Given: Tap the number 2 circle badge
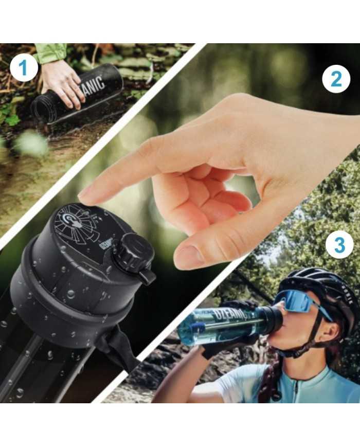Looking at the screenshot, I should tap(336, 80).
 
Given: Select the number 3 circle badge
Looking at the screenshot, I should tap(339, 246).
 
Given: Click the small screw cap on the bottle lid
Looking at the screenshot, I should tap(134, 254).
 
